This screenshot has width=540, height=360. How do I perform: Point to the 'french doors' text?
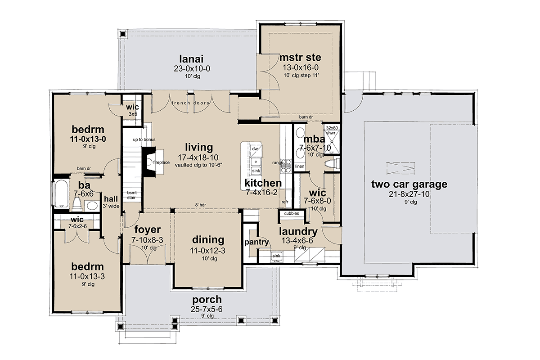[191, 103]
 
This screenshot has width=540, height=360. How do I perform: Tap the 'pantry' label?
[257, 242]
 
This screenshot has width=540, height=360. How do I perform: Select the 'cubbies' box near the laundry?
[291, 213]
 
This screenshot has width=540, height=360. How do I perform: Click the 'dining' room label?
[207, 239]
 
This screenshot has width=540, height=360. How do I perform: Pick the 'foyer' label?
[146, 230]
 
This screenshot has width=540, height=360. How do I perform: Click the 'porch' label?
[207, 299]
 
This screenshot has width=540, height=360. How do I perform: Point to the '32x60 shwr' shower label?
[332, 130]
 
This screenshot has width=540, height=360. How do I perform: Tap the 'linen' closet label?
[300, 166]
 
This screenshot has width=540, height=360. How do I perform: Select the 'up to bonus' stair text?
[144, 139]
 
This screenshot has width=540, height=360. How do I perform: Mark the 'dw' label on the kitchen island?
[255, 148]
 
